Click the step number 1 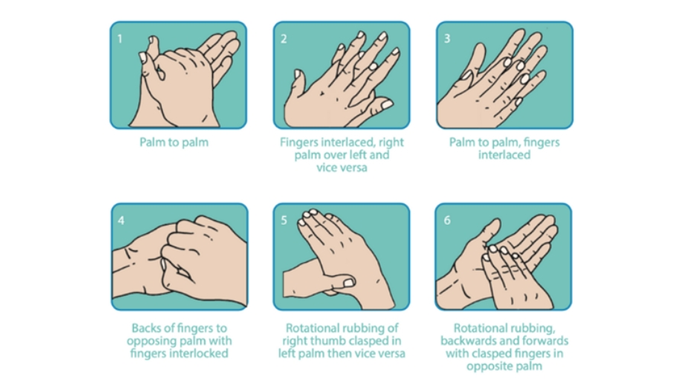(x=120, y=39)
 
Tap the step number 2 (x=283, y=39)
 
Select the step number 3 (x=447, y=38)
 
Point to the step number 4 (x=121, y=220)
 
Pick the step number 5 (x=284, y=220)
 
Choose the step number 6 (x=447, y=220)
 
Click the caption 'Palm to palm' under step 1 (x=174, y=142)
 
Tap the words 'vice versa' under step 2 (x=341, y=167)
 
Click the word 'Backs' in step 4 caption (x=147, y=328)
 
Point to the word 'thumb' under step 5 (x=323, y=341)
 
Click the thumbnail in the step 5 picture (x=347, y=283)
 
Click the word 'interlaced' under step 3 (x=504, y=154)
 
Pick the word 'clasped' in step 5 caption (x=361, y=341)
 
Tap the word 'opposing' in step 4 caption (x=150, y=341)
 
